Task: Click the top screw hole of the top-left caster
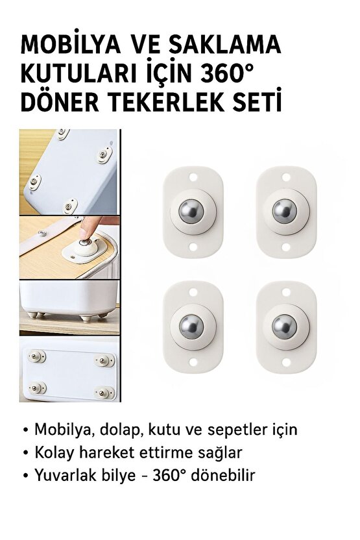tap(193, 176)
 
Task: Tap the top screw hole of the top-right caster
tap(285, 176)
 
